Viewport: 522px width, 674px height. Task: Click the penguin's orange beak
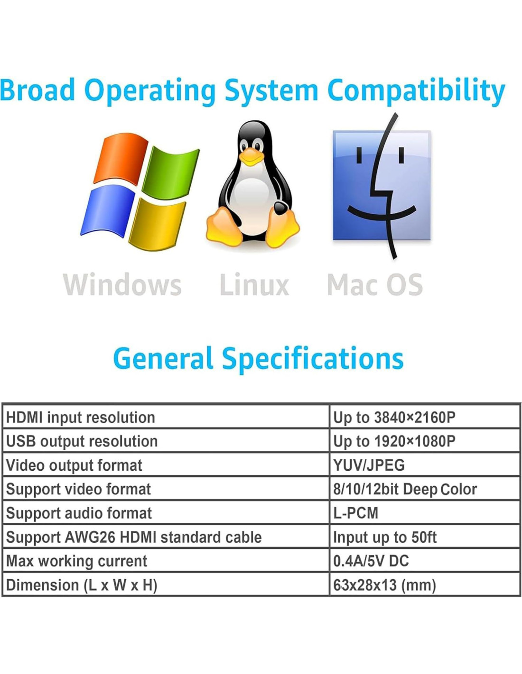click(251, 156)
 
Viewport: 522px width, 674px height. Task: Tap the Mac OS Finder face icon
click(382, 185)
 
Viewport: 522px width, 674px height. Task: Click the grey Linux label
click(254, 285)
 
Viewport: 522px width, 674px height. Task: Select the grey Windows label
click(122, 285)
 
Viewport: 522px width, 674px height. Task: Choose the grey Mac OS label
click(375, 285)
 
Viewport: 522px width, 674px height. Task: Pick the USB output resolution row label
click(82, 441)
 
